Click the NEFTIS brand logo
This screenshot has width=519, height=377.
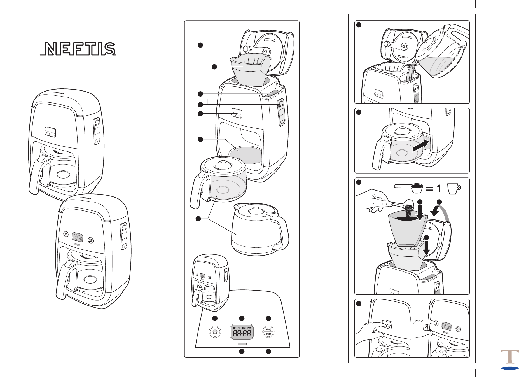click(x=78, y=49)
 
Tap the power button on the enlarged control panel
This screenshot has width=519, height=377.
click(x=215, y=332)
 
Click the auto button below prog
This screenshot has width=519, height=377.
click(x=268, y=334)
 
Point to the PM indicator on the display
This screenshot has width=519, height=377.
click(x=249, y=328)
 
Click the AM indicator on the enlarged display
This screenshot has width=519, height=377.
click(x=243, y=328)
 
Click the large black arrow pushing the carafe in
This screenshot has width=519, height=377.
click(x=421, y=146)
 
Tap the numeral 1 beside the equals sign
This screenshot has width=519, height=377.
click(x=439, y=189)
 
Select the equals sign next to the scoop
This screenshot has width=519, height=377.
click(x=429, y=189)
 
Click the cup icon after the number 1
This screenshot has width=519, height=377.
click(x=453, y=188)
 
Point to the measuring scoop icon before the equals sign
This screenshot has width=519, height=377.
click(x=409, y=188)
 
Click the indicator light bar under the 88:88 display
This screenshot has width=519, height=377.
click(x=242, y=344)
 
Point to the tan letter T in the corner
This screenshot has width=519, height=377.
click(x=510, y=357)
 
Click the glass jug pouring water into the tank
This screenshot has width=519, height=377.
click(x=439, y=53)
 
